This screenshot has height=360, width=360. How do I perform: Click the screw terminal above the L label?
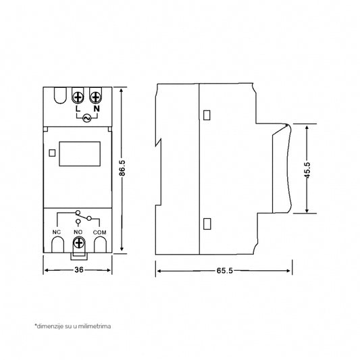tap(78, 97)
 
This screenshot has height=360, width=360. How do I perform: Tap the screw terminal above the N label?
tap(95, 97)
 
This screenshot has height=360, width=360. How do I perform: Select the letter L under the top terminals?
tap(78, 109)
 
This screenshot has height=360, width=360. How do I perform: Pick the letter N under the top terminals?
tap(95, 109)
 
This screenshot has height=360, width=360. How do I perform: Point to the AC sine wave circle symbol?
tap(86, 118)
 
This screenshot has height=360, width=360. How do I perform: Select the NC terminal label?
tap(57, 232)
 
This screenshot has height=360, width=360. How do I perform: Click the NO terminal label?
tap(78, 232)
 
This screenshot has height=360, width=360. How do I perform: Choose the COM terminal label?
tap(100, 232)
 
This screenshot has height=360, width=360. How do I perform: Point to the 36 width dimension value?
tap(78, 271)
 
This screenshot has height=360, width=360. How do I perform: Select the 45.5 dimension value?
tap(308, 170)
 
